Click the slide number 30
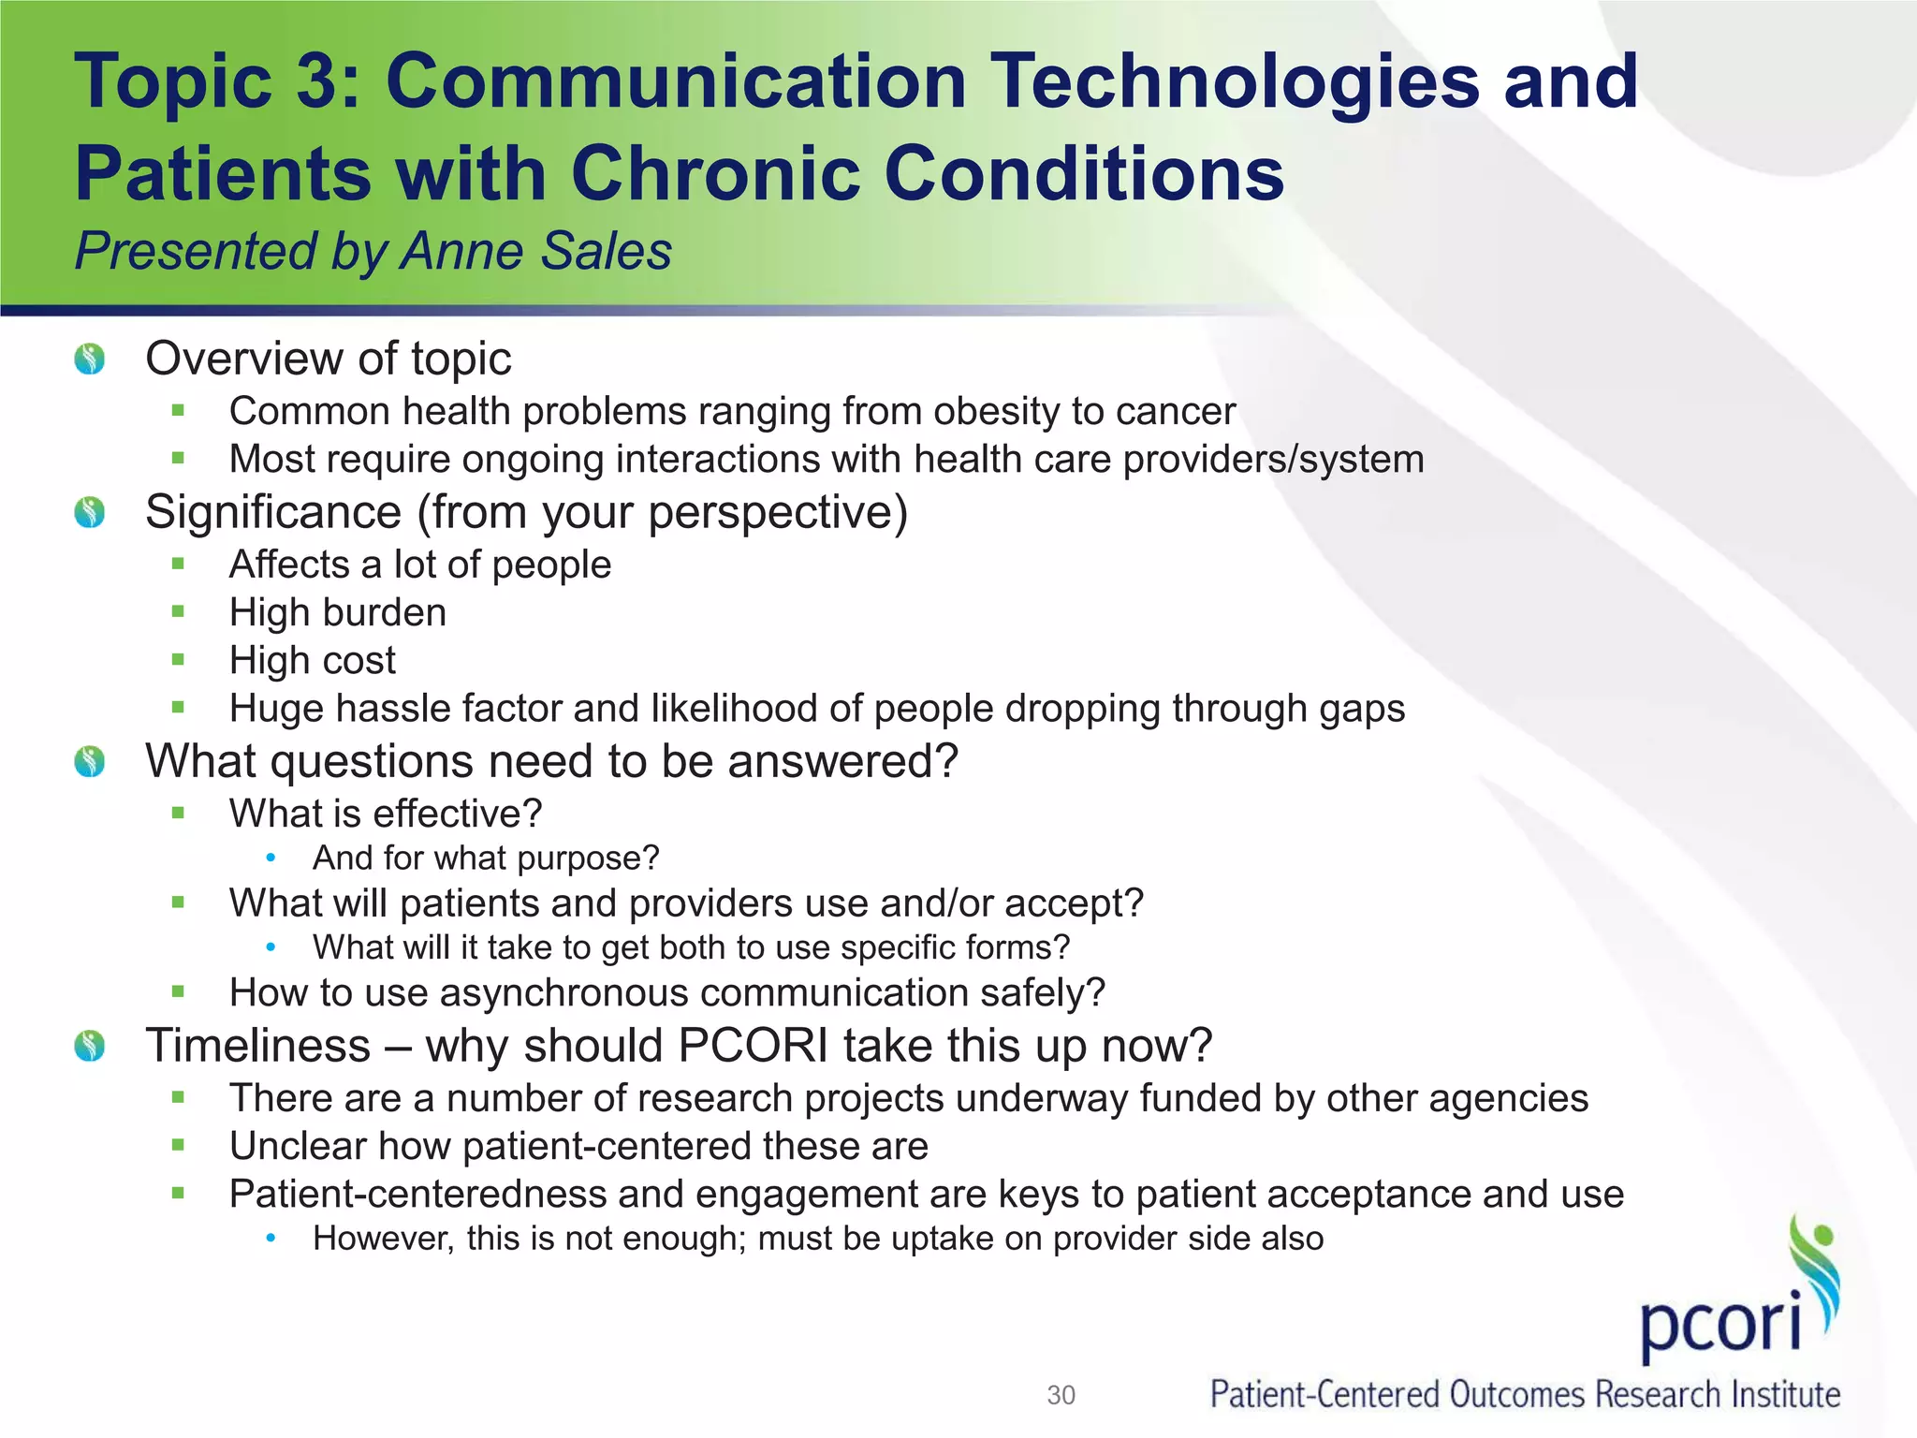[1061, 1395]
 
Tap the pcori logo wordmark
[1720, 1323]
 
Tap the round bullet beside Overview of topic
[90, 359]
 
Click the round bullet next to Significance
[90, 512]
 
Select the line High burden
[338, 612]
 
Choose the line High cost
[313, 660]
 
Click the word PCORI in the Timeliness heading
[753, 1046]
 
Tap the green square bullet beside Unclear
[179, 1145]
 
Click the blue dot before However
[271, 1238]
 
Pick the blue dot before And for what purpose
[271, 858]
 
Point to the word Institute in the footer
[1785, 1395]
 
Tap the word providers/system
[1273, 459]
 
